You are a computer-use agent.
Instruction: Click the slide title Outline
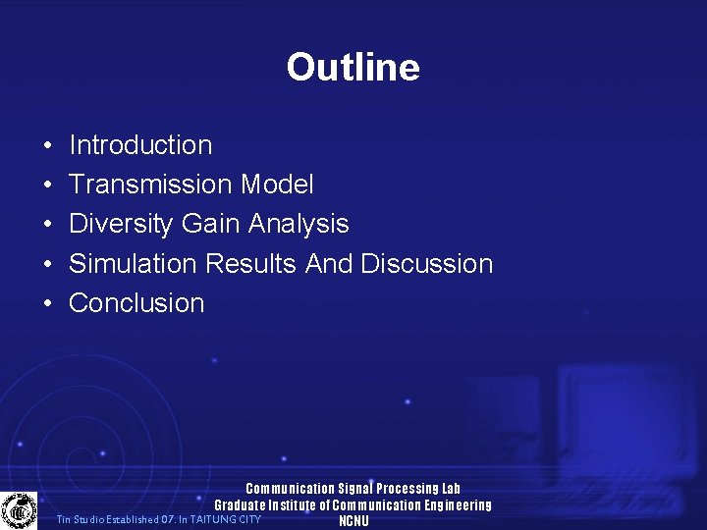pyautogui.click(x=353, y=67)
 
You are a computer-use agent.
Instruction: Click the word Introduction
pyautogui.click(x=140, y=145)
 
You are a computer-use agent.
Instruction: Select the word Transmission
pyautogui.click(x=151, y=185)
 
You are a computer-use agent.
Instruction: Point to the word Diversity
pyautogui.click(x=122, y=225)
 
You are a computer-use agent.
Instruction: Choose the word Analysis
pyautogui.click(x=299, y=224)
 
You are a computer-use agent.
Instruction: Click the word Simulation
pyautogui.click(x=134, y=264)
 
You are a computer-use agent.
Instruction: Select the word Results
pyautogui.click(x=253, y=264)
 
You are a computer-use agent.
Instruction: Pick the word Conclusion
pyautogui.click(x=136, y=303)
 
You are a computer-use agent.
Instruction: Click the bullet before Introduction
pyautogui.click(x=47, y=146)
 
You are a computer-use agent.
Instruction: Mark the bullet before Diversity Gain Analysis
pyautogui.click(x=47, y=225)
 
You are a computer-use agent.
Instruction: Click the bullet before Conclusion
pyautogui.click(x=47, y=304)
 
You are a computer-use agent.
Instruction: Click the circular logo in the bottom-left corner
pyautogui.click(x=18, y=510)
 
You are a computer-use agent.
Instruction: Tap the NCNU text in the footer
pyautogui.click(x=353, y=521)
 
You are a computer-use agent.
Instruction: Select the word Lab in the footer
pyautogui.click(x=451, y=489)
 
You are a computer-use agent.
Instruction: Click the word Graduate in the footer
pyautogui.click(x=241, y=505)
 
